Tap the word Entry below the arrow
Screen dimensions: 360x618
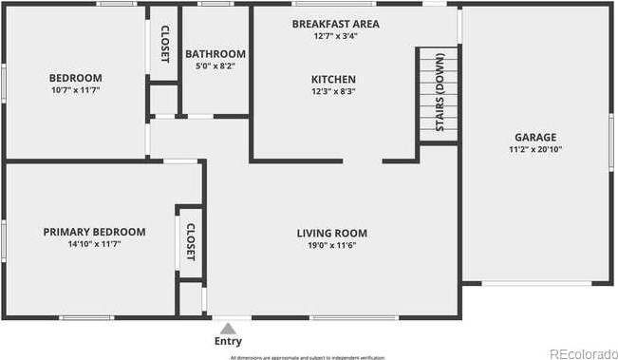click(228, 341)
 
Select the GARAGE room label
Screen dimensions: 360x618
click(536, 137)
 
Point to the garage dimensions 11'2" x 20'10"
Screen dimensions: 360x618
click(536, 149)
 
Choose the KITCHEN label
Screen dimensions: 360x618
click(333, 80)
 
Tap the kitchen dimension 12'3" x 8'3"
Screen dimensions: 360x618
click(333, 92)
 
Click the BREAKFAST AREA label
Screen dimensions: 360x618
click(335, 23)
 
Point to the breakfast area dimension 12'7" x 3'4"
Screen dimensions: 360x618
click(335, 36)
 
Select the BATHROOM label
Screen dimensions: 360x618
click(215, 54)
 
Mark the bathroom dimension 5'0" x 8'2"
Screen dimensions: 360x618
click(215, 66)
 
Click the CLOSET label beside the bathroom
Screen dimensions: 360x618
click(164, 44)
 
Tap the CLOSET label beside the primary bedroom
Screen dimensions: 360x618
click(190, 242)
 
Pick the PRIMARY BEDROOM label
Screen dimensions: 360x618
click(94, 232)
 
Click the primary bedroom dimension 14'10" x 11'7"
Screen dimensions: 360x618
click(94, 244)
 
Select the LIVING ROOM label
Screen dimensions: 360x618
click(331, 233)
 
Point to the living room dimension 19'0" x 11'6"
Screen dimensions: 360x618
click(331, 245)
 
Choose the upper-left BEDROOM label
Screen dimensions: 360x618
click(76, 78)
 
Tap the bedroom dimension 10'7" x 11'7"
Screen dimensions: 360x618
click(76, 90)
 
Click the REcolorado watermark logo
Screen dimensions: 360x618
click(583, 353)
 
